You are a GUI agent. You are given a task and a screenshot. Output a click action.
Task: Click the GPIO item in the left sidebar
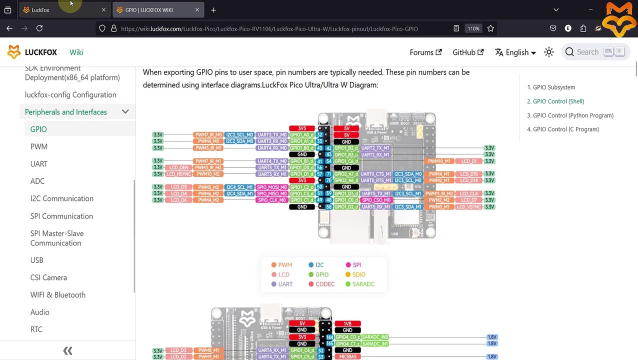(38, 129)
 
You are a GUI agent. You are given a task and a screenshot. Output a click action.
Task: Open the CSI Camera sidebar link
(48, 277)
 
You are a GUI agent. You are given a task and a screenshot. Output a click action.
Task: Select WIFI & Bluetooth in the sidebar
(58, 295)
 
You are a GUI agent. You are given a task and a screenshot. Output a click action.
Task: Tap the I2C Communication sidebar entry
(62, 198)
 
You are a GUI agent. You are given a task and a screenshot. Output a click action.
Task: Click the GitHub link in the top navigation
(468, 52)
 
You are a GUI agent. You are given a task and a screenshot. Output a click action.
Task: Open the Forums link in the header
(425, 52)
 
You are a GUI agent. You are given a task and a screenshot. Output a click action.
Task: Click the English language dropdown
(515, 52)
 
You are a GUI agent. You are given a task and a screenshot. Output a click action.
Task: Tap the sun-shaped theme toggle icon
(549, 52)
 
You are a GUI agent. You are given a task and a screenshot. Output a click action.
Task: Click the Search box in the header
(595, 51)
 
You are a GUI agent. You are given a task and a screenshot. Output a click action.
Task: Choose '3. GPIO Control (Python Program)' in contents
(570, 115)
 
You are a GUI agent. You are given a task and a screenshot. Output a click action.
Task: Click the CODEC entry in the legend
(324, 284)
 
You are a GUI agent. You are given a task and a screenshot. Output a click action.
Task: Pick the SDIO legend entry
(358, 274)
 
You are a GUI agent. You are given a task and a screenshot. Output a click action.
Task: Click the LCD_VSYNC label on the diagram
(468, 207)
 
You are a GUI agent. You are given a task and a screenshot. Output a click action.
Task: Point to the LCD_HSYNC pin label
(178, 174)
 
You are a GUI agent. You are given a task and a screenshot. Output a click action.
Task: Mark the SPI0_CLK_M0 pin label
(271, 200)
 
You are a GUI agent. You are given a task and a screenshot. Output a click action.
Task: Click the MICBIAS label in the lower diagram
(347, 356)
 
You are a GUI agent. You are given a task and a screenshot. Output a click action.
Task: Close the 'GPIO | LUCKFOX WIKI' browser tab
(197, 10)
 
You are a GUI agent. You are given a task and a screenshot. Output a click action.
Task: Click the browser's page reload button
(39, 28)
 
